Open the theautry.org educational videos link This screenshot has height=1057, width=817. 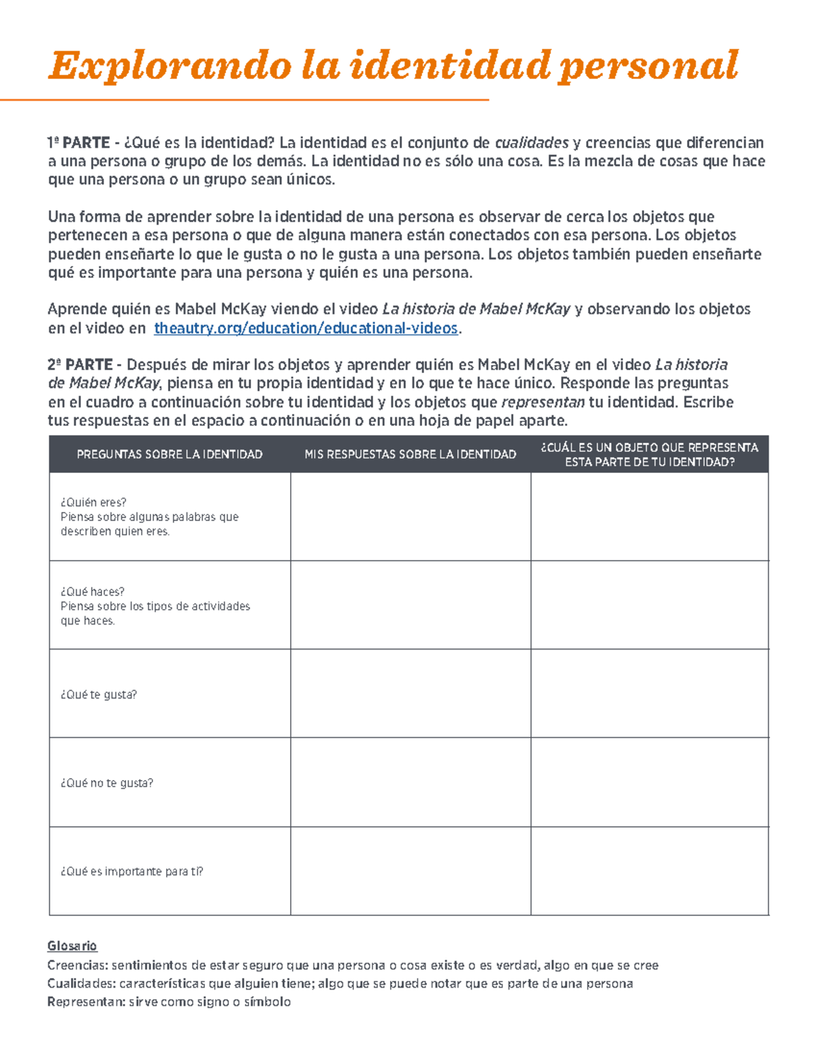[x=306, y=328]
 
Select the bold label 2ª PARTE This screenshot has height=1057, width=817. [x=80, y=365]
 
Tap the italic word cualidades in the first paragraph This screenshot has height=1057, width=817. [x=531, y=143]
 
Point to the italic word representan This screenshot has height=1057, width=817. [x=543, y=402]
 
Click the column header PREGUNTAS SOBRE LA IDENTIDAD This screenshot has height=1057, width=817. [x=170, y=454]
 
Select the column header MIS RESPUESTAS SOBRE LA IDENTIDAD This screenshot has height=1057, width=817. [x=410, y=454]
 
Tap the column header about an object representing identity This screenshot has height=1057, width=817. [x=650, y=454]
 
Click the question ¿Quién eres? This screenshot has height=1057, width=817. [x=93, y=502]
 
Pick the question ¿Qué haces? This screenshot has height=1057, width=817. [x=93, y=591]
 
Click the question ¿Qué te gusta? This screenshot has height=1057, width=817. [x=99, y=694]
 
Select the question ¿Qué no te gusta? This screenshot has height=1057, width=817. [x=107, y=783]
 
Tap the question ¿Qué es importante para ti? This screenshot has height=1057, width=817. [x=131, y=871]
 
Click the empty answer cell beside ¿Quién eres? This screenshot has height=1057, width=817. [x=410, y=517]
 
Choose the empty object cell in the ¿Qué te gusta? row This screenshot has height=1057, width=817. [x=650, y=693]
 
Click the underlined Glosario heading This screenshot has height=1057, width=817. [x=72, y=945]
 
